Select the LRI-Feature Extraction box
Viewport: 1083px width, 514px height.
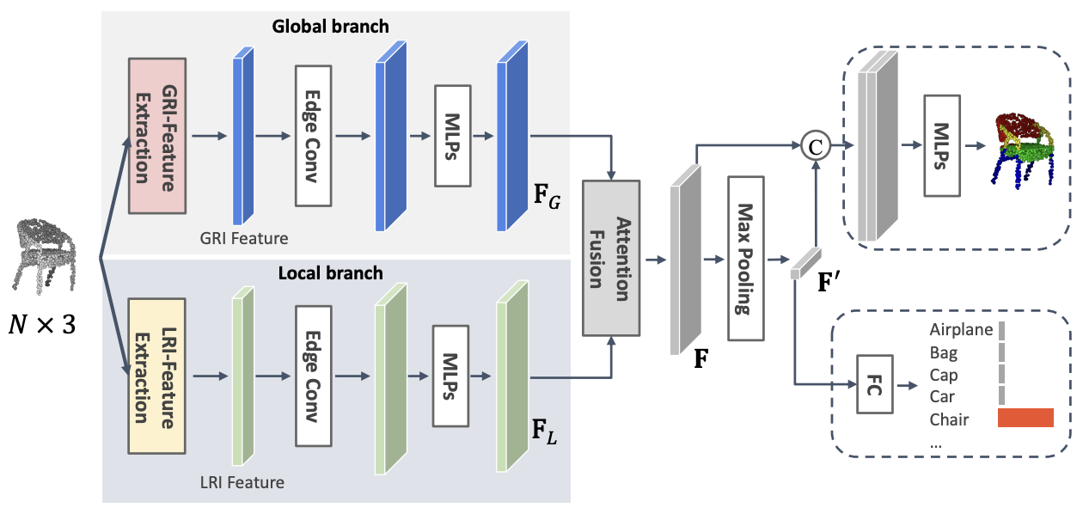[x=156, y=376]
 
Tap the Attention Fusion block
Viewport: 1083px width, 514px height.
[x=611, y=258]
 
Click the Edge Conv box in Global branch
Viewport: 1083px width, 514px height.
[x=313, y=136]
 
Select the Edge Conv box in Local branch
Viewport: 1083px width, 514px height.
[x=313, y=376]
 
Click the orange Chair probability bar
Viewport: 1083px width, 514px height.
[x=1025, y=419]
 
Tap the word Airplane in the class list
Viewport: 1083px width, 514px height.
[x=961, y=330]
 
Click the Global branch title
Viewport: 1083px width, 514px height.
[x=331, y=27]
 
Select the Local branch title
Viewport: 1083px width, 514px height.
[x=331, y=274]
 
